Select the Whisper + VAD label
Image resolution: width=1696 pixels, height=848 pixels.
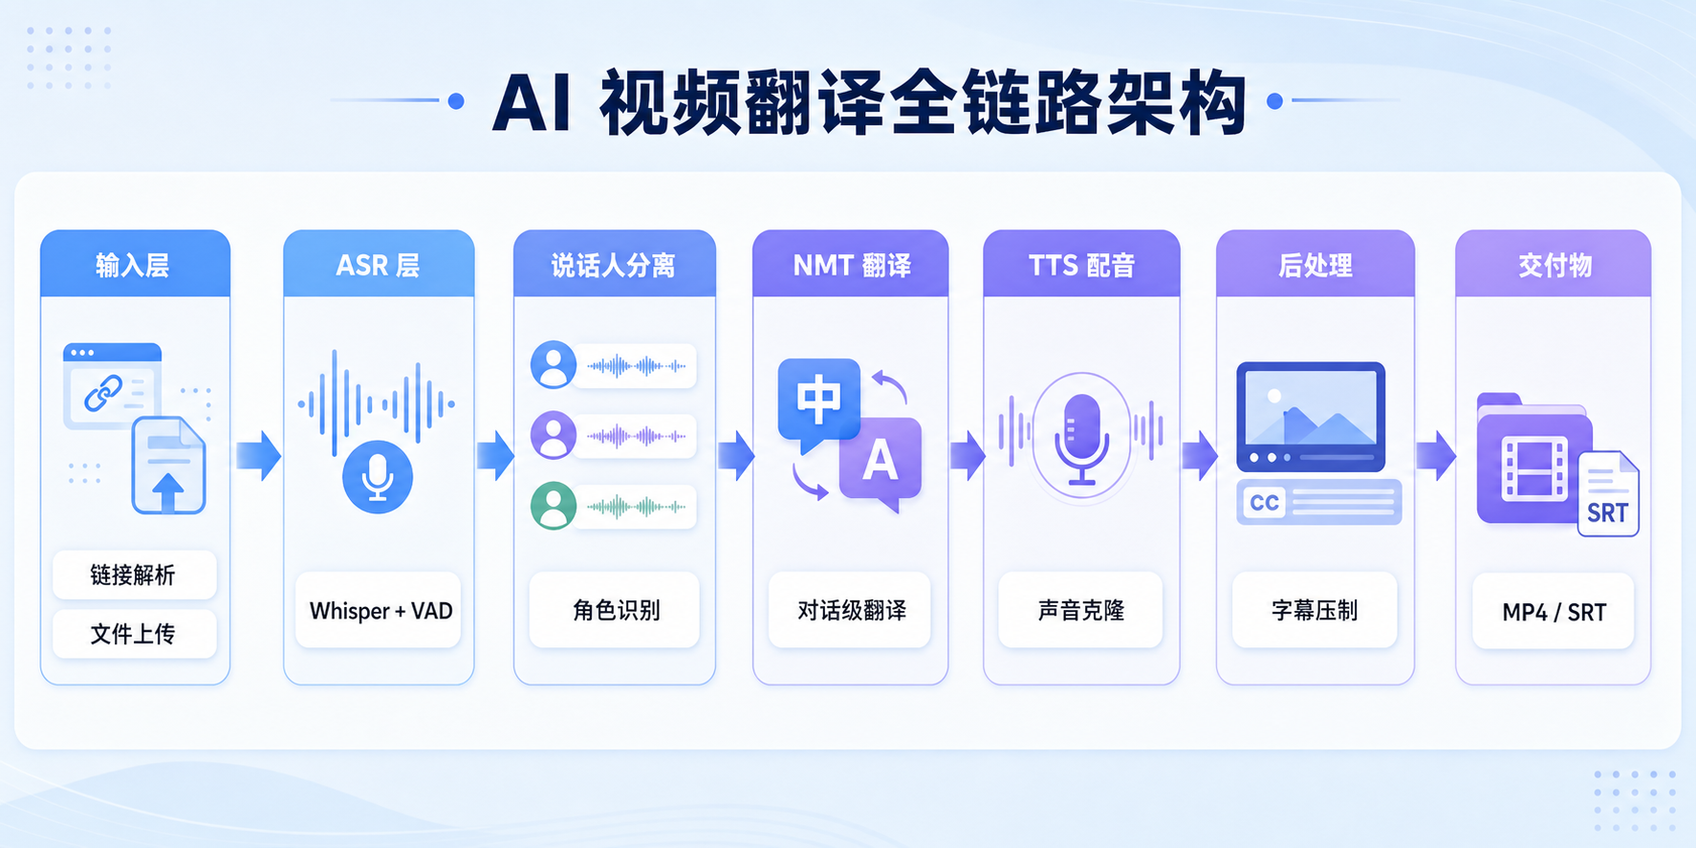click(380, 610)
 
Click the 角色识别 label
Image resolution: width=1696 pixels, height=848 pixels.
click(615, 610)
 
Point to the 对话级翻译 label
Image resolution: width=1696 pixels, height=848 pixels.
click(850, 610)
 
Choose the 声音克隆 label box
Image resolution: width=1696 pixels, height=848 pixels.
click(1081, 610)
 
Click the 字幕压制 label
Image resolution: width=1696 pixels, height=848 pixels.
click(1315, 610)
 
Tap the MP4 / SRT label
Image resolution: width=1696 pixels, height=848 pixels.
click(1554, 611)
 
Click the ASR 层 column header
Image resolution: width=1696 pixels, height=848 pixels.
click(379, 264)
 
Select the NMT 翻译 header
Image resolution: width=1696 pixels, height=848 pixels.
click(851, 264)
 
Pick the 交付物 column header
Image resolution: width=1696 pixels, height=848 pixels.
click(1554, 264)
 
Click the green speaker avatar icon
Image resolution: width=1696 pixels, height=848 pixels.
click(554, 506)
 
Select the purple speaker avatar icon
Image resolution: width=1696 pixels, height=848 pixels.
click(554, 436)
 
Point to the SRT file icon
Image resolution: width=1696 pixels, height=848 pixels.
click(1608, 493)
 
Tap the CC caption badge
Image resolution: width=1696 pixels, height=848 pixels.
click(1265, 503)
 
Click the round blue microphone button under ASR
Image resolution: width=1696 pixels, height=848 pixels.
click(378, 476)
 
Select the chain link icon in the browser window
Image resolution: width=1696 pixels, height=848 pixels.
click(103, 393)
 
